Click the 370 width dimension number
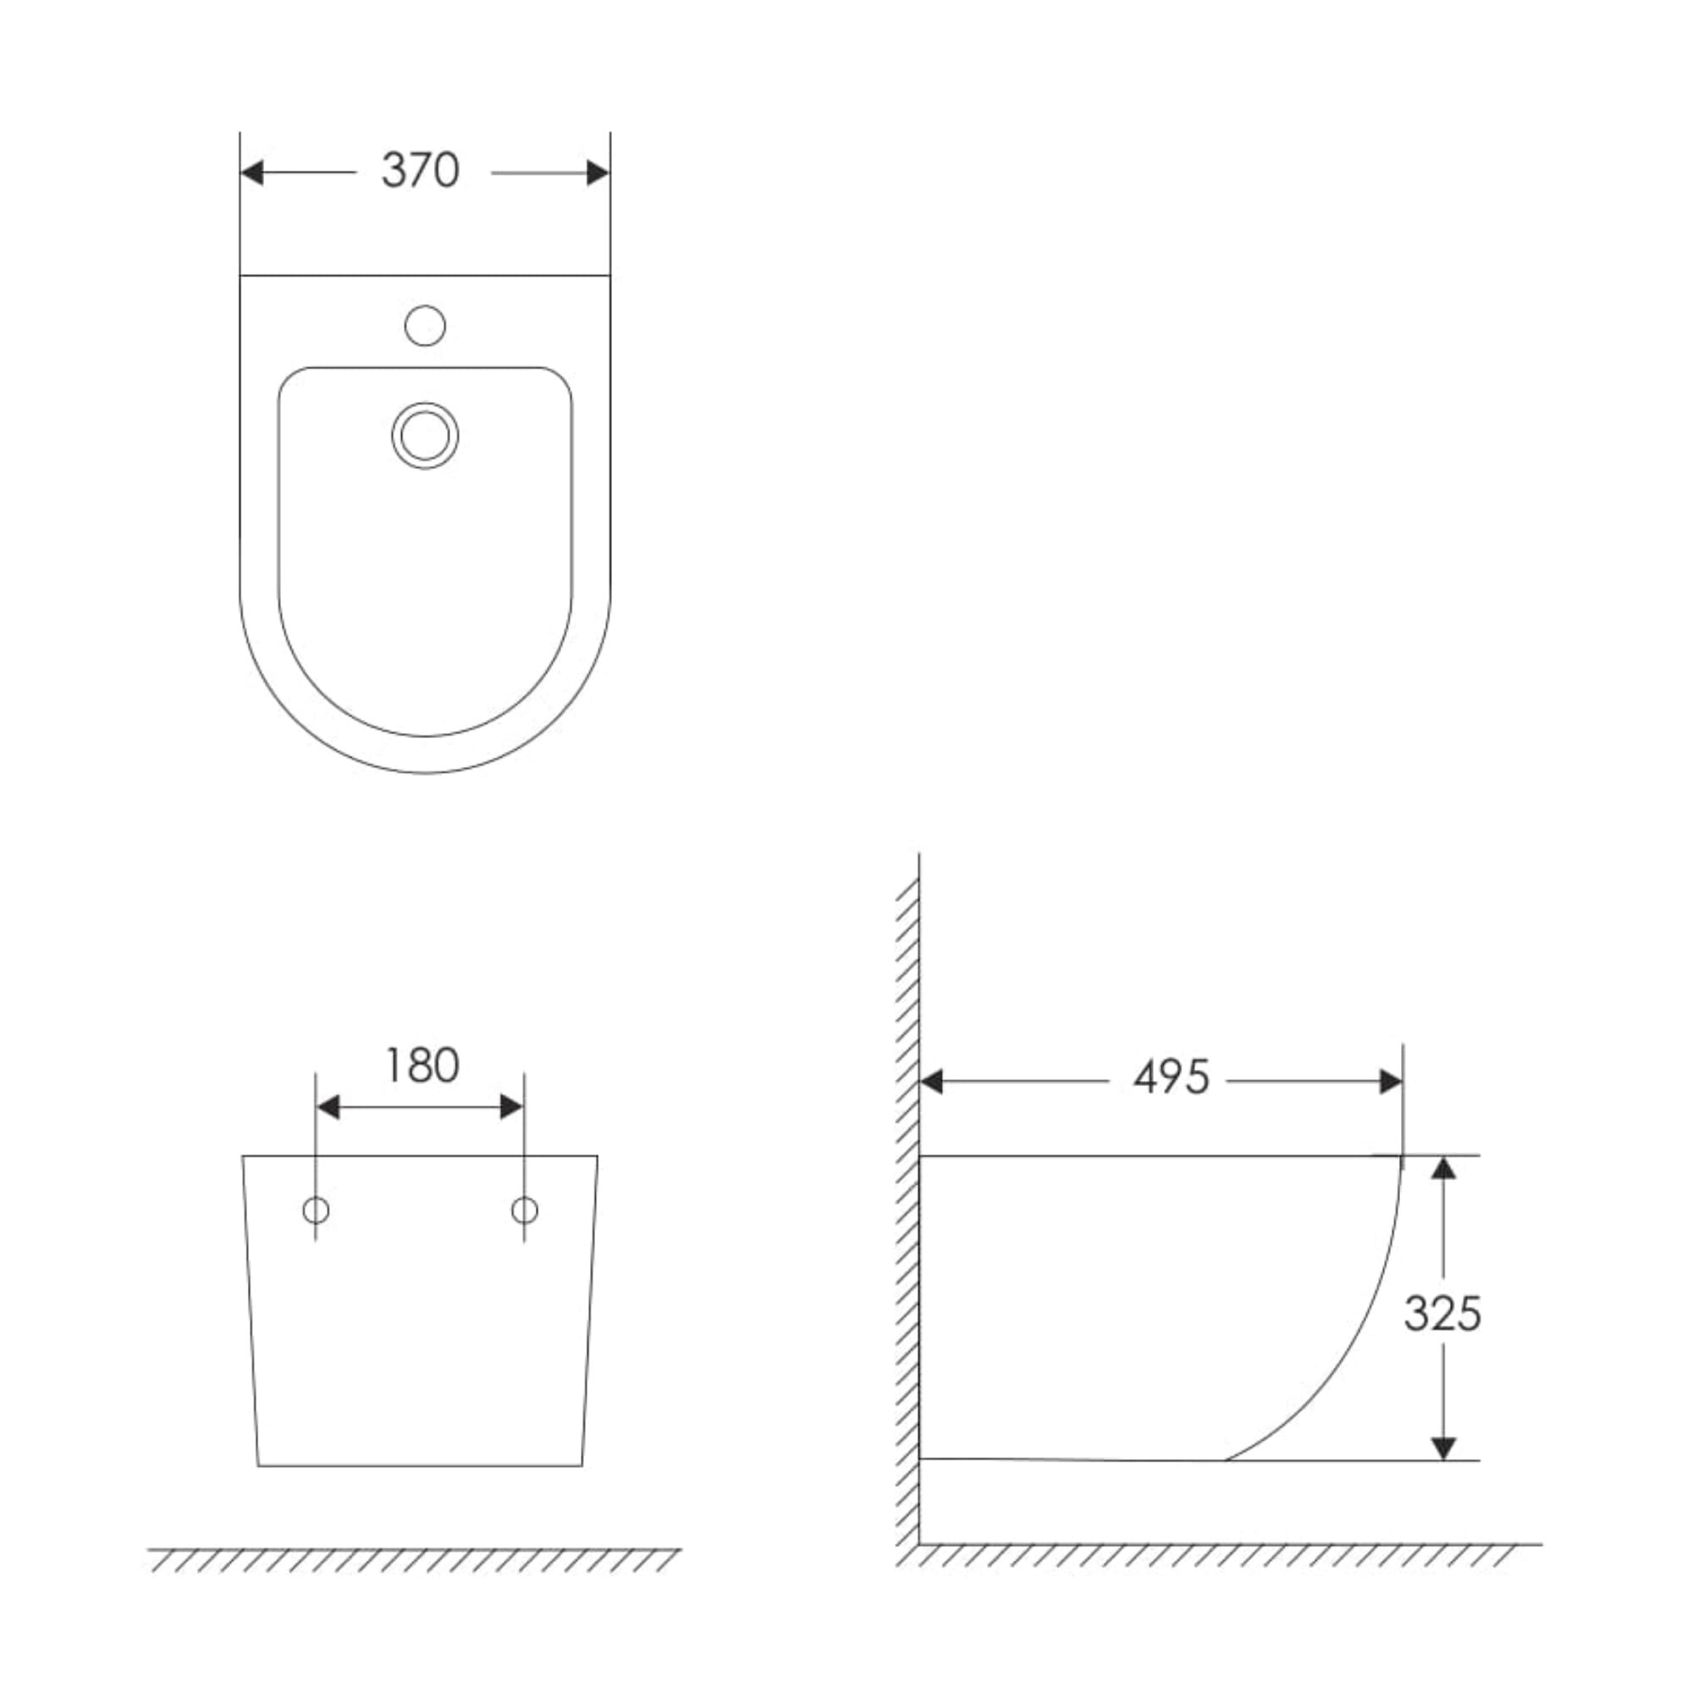pyautogui.click(x=421, y=171)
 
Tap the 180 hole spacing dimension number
pyautogui.click(x=422, y=1067)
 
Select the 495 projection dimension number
pyautogui.click(x=1172, y=1078)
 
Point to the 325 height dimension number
pyautogui.click(x=1442, y=1314)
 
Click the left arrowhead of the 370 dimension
pyautogui.click(x=251, y=173)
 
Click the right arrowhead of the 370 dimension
pyautogui.click(x=598, y=173)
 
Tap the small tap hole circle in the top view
pyautogui.click(x=425, y=326)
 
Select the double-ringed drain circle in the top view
pyautogui.click(x=425, y=435)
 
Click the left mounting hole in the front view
pyautogui.click(x=316, y=1211)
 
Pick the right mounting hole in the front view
pyautogui.click(x=524, y=1211)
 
